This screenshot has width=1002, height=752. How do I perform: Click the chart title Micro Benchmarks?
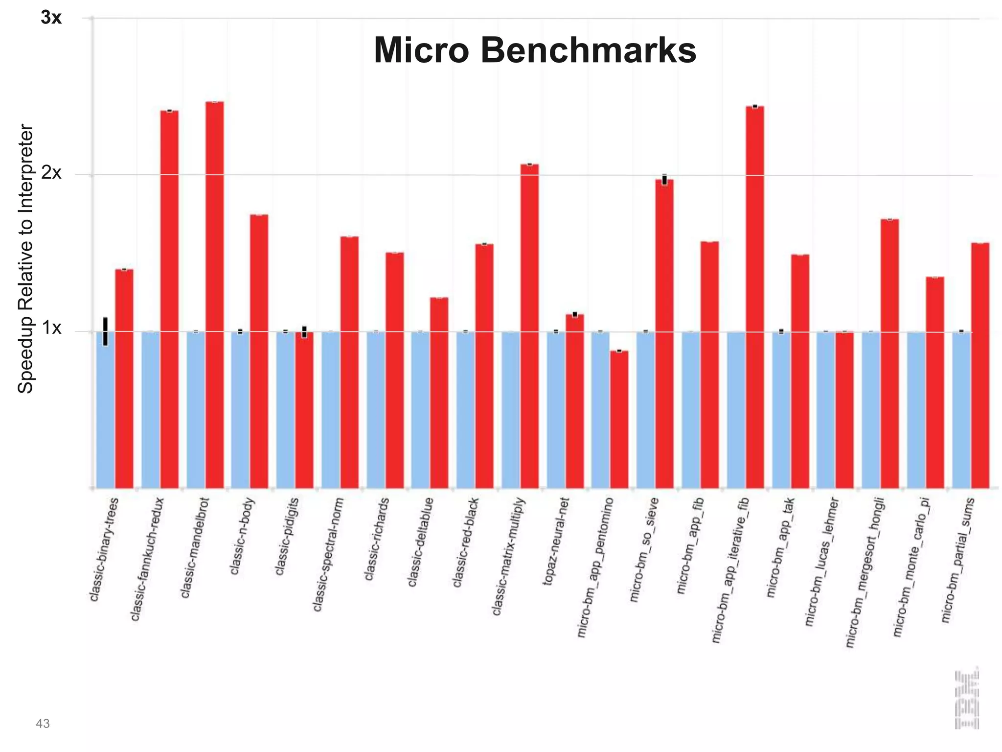tap(535, 50)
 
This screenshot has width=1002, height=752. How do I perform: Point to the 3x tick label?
tap(51, 18)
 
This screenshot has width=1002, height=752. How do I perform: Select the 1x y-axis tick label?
tap(51, 329)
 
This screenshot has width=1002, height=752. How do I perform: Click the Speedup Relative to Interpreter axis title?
tap(25, 258)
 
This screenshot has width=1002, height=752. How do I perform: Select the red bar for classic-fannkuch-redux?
tap(169, 299)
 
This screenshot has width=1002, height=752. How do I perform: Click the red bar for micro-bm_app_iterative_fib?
tap(754, 297)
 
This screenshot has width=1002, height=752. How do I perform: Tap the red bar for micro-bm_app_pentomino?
tap(619, 419)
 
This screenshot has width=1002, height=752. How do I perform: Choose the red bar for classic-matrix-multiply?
tap(529, 326)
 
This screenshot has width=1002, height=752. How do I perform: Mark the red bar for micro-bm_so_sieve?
tap(664, 333)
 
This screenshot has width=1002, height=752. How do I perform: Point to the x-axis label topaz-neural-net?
tap(557, 541)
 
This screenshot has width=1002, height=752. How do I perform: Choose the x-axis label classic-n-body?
tap(242, 536)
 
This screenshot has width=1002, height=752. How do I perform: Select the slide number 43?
tap(43, 724)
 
